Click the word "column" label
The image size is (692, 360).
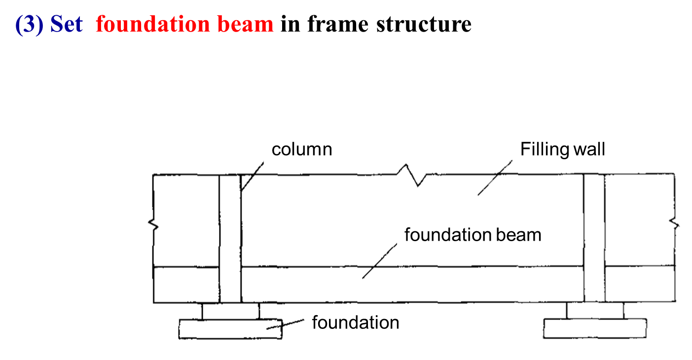pyautogui.click(x=301, y=149)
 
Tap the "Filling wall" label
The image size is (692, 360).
pyautogui.click(x=562, y=149)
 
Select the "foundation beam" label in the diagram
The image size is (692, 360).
pyautogui.click(x=473, y=235)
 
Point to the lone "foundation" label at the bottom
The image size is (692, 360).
pyautogui.click(x=355, y=323)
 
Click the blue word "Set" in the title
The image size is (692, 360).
pyautogui.click(x=66, y=24)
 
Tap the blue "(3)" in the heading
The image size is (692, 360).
pyautogui.click(x=31, y=24)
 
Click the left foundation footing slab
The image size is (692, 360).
pyautogui.click(x=230, y=329)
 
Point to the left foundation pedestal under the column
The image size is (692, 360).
pyautogui.click(x=230, y=311)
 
